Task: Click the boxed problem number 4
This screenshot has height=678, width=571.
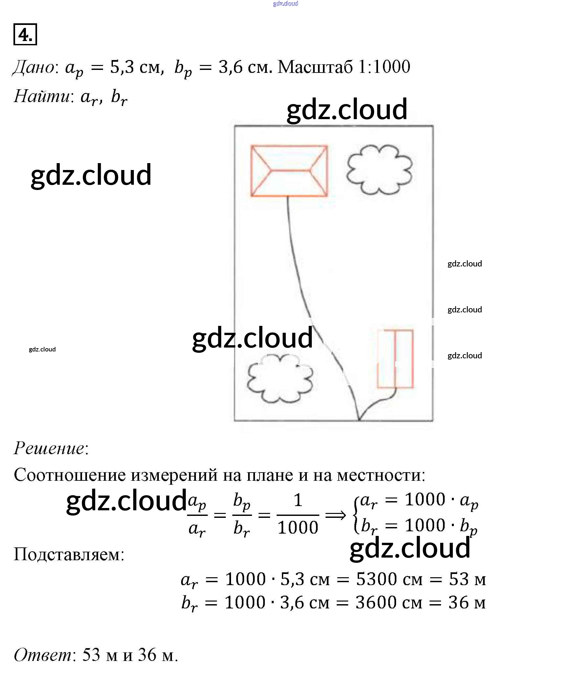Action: (x=25, y=34)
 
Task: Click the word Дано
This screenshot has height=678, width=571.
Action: (x=35, y=67)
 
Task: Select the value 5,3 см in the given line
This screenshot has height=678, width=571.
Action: (x=136, y=67)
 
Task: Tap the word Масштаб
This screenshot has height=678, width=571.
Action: (x=315, y=67)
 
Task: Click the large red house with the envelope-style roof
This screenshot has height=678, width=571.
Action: (x=289, y=171)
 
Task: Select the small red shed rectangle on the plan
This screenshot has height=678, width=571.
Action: (x=395, y=359)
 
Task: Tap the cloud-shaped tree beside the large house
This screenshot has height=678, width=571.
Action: (x=379, y=169)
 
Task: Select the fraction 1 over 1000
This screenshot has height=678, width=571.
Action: (x=298, y=515)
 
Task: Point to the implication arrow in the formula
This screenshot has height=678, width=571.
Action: (x=335, y=515)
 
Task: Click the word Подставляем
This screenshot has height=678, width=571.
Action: (x=69, y=554)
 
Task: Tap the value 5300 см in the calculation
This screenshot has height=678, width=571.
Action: (x=389, y=579)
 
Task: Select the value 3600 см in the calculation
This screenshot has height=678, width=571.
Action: (x=389, y=603)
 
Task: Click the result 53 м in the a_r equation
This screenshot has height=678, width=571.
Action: (x=467, y=579)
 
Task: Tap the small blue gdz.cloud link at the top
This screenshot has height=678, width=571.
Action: (x=285, y=4)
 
